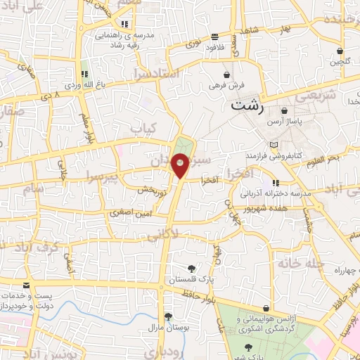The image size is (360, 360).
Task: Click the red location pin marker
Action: click(181, 166)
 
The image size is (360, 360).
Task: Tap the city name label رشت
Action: click(248, 105)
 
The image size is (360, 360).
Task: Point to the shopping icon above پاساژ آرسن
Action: click(285, 111)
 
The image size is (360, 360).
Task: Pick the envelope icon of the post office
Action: click(26, 285)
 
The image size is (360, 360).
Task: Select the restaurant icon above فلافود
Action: click(214, 37)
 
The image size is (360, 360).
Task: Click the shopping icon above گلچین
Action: click(340, 51)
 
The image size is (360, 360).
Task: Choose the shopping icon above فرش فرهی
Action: click(226, 74)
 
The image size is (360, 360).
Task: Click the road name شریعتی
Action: click(342, 94)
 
